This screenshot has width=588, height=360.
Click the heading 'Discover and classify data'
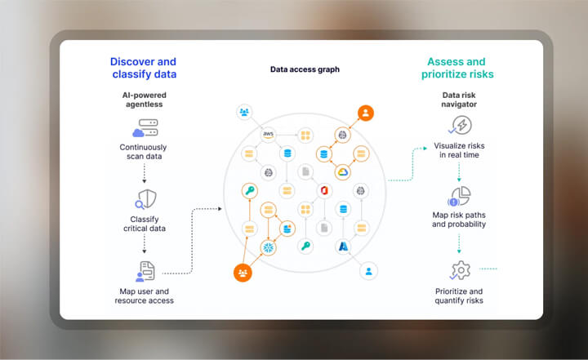(x=143, y=68)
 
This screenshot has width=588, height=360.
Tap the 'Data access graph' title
(x=305, y=69)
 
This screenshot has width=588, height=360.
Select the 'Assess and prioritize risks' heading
(x=456, y=68)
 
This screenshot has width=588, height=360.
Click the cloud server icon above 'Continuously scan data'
(x=143, y=128)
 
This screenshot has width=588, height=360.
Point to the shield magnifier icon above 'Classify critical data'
(x=145, y=199)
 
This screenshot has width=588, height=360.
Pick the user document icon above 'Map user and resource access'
(x=144, y=271)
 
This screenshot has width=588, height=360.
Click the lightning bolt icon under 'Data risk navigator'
(x=459, y=126)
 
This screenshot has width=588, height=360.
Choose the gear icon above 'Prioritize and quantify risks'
(x=459, y=269)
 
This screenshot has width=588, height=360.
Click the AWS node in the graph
(x=267, y=134)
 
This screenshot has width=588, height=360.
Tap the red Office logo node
(x=324, y=190)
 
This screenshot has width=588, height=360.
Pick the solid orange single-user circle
(x=365, y=113)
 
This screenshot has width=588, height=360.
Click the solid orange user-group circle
(x=242, y=273)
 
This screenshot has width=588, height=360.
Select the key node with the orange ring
(x=248, y=191)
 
